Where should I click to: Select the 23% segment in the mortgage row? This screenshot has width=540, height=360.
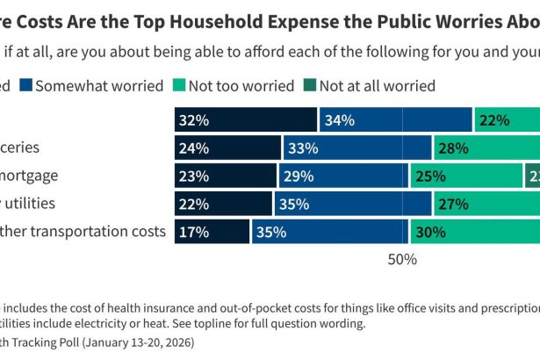(x=226, y=176)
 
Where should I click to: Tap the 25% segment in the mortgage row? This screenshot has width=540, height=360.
(x=465, y=176)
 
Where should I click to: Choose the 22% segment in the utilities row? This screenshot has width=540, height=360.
(x=223, y=204)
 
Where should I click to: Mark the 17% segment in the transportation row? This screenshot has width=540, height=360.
(x=212, y=231)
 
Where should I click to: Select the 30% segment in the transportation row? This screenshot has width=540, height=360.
(x=475, y=231)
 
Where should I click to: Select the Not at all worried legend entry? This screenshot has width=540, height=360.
(x=377, y=85)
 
